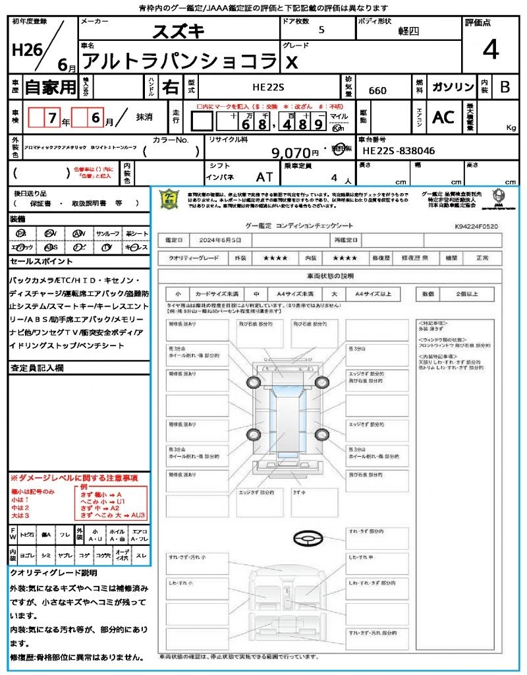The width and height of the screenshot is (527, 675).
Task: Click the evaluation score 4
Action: [x=490, y=50]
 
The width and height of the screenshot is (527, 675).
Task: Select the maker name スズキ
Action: [x=179, y=31]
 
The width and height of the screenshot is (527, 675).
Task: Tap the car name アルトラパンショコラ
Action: [x=179, y=61]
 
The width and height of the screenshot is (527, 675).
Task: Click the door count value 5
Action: [x=321, y=30]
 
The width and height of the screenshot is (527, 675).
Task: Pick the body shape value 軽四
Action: [x=408, y=31]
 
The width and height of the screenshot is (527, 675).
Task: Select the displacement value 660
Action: [x=377, y=90]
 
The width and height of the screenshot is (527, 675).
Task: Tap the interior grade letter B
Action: [x=505, y=87]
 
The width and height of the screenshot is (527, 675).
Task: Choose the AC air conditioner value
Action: [x=443, y=117]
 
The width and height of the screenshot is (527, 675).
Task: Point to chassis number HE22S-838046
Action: [x=399, y=151]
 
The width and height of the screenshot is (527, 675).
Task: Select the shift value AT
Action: [x=264, y=177]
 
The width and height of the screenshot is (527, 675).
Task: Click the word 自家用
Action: [x=50, y=87]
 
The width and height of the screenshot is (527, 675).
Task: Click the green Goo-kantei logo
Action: [x=170, y=198]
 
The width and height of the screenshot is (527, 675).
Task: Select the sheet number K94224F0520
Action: [x=476, y=226]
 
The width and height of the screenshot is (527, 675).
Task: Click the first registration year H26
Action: [x=25, y=51]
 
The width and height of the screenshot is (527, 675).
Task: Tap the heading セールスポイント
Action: [x=36, y=261]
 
